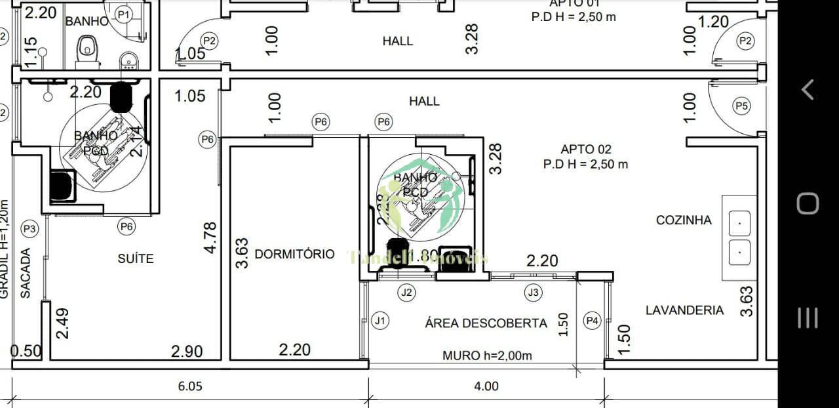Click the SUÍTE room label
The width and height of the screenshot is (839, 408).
[136, 258]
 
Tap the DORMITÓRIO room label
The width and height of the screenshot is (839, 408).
[294, 254]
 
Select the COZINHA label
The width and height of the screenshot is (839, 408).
[684, 220]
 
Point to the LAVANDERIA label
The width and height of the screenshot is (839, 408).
[684, 310]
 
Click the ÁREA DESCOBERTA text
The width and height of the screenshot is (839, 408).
[486, 323]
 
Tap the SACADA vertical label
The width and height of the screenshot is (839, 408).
[26, 273]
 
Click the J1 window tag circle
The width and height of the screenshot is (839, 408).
[380, 321]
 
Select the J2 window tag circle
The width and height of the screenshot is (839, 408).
[407, 293]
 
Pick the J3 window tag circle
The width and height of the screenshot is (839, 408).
[534, 293]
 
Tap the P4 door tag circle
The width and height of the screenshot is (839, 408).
[593, 321]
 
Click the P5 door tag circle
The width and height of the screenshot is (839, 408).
[741, 106]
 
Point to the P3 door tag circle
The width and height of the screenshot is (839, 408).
[29, 228]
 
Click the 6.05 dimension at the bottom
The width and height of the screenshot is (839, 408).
[190, 386]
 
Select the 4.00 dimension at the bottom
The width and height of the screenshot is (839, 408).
[486, 386]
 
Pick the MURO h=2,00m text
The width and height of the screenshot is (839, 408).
[487, 356]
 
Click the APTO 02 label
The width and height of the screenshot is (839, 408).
[585, 149]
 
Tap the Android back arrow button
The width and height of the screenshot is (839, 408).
[808, 89]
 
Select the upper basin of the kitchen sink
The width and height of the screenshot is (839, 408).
[739, 223]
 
